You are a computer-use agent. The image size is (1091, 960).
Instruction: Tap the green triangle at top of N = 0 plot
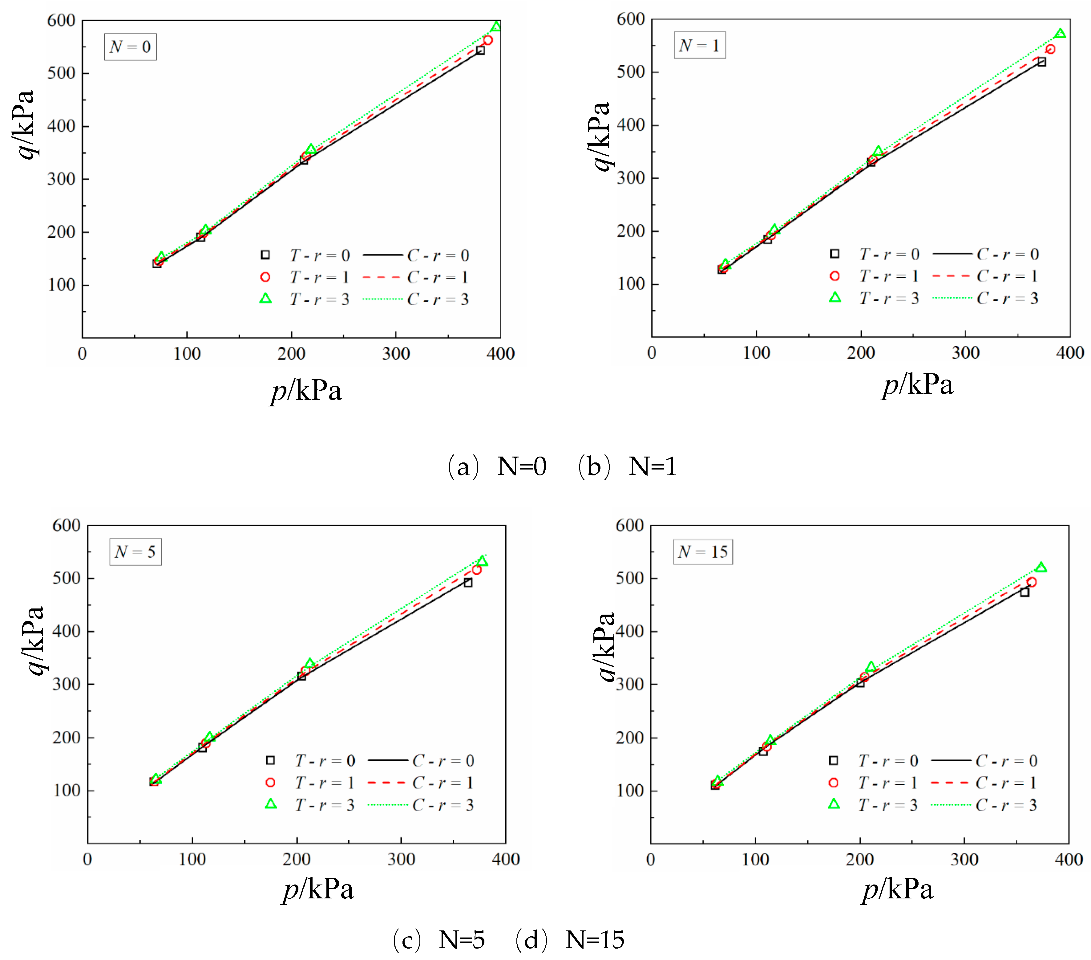click(x=496, y=27)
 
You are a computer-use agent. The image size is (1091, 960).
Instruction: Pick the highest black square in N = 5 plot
click(x=467, y=583)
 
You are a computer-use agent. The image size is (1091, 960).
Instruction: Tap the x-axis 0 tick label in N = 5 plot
click(x=87, y=859)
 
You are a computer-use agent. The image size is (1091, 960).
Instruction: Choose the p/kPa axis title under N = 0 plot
click(x=306, y=391)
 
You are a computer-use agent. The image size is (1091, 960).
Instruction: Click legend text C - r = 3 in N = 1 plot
click(x=1007, y=299)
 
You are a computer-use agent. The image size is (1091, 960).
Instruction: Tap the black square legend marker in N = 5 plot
click(x=270, y=760)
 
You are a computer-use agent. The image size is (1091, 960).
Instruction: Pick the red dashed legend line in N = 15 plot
click(x=950, y=783)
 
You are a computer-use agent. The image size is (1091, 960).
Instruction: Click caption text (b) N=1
click(x=627, y=467)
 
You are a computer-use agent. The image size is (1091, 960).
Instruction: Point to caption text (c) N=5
click(x=439, y=940)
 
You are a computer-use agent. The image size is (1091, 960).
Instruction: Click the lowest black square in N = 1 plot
click(x=722, y=270)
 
